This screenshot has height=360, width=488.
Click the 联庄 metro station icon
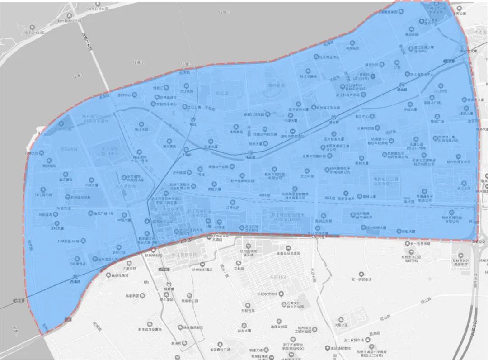[x=193, y=118]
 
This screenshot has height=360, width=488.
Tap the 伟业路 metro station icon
[x=247, y=153]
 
